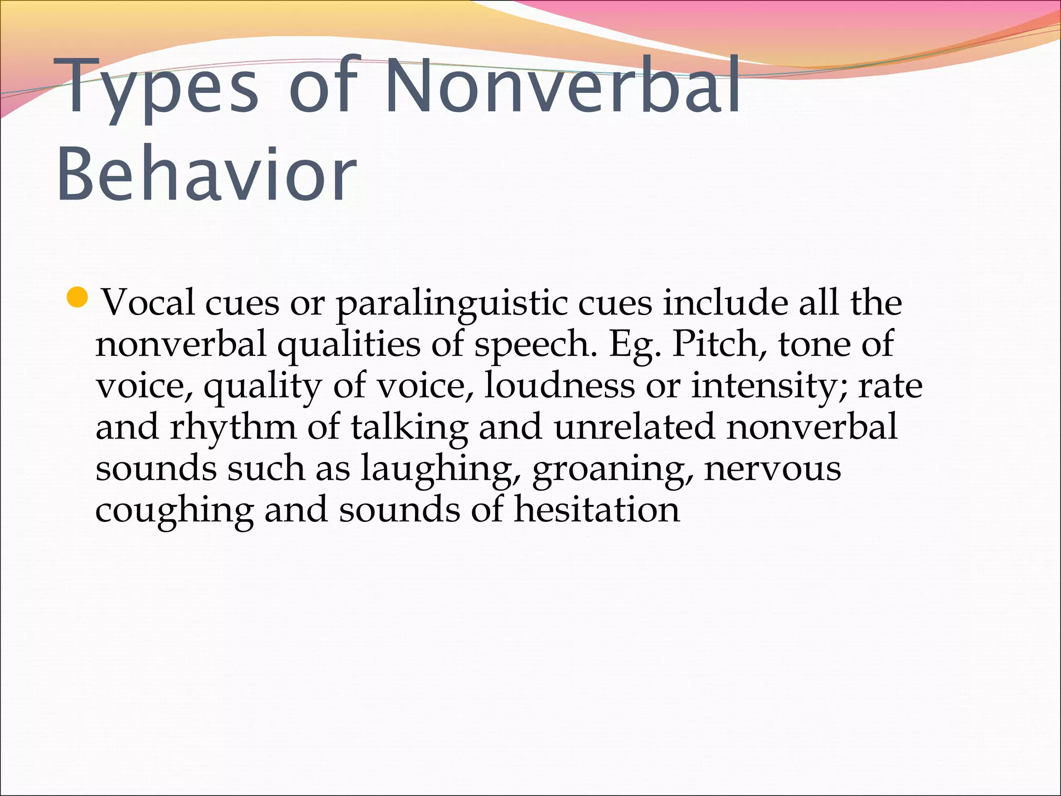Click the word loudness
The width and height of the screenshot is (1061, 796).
[x=559, y=385]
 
